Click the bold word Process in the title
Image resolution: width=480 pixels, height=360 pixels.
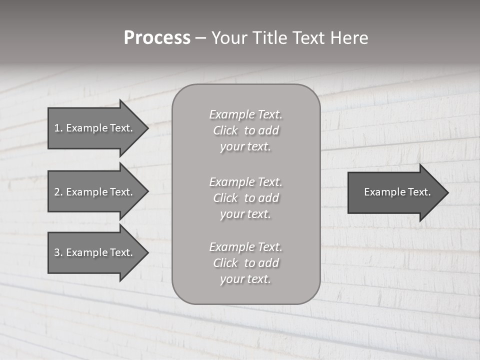pos(157,38)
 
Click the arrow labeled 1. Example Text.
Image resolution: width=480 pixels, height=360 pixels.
pos(93,128)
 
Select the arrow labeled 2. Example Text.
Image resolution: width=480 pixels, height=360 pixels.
pos(93,192)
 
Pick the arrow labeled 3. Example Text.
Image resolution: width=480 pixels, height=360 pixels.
pos(93,252)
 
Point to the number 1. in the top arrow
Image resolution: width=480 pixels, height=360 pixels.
pos(58,128)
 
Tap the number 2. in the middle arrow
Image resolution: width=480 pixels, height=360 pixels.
pos(58,192)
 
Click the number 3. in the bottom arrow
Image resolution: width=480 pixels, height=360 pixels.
pos(58,252)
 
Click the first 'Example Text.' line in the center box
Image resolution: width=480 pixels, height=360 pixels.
pos(245,114)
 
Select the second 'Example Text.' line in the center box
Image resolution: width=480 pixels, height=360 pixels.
pos(245,182)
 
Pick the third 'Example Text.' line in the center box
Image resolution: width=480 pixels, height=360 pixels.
pos(245,247)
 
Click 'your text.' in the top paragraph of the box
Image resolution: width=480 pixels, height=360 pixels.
pos(245,147)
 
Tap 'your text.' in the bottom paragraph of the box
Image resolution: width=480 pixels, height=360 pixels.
pos(245,279)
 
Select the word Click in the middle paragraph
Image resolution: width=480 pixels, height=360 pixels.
pos(225,198)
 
